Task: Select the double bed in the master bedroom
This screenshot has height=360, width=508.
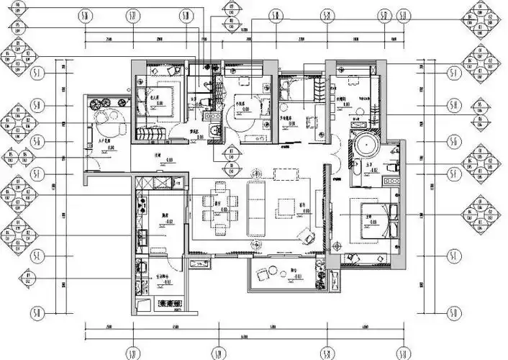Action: (377, 215)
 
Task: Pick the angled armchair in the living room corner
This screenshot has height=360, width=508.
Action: (308, 235)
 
